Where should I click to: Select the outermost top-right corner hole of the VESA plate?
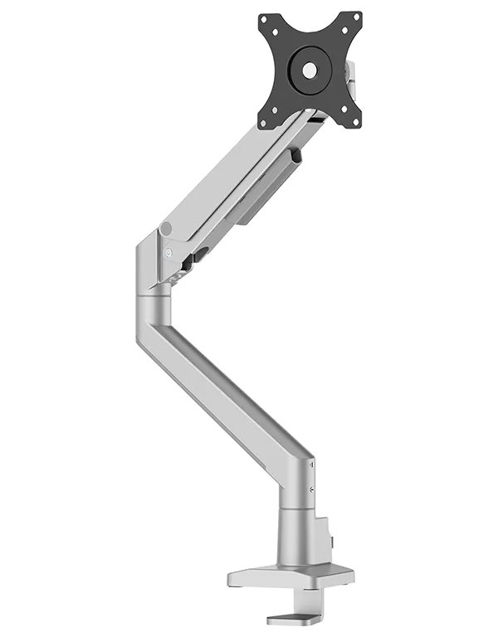click(355, 17)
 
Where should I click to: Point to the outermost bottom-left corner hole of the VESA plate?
click(265, 124)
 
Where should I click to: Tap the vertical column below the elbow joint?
click(151, 311)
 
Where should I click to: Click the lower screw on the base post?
click(311, 491)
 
